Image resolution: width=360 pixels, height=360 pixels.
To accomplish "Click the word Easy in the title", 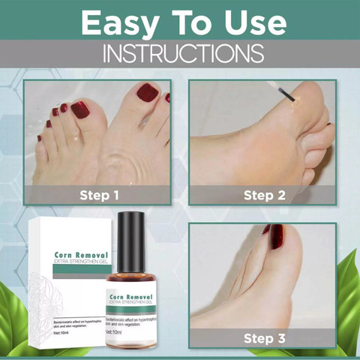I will point(119,22).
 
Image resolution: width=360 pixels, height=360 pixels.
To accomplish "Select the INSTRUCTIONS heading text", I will point(179,54).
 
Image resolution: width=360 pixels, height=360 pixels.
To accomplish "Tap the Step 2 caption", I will point(263,196).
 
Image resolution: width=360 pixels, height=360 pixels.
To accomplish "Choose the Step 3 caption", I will point(263,338).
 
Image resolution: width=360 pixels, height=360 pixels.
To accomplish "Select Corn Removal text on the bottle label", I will point(132,297).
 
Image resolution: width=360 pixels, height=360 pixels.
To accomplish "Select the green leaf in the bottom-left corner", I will point(15,330).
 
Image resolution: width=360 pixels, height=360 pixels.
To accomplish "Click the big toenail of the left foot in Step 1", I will point(79,109).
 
